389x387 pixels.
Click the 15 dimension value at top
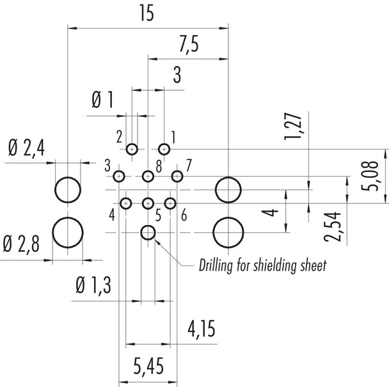147,14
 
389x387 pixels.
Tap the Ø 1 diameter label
102,100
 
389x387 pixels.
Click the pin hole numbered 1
164,149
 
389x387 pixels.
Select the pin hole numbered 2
132,149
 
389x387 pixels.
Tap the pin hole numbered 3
119,176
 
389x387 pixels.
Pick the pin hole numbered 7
177,176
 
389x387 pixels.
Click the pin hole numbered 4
126,203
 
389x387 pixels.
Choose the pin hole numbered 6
170,203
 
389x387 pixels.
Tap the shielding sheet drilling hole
148,232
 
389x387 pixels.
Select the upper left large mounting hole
67,190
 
